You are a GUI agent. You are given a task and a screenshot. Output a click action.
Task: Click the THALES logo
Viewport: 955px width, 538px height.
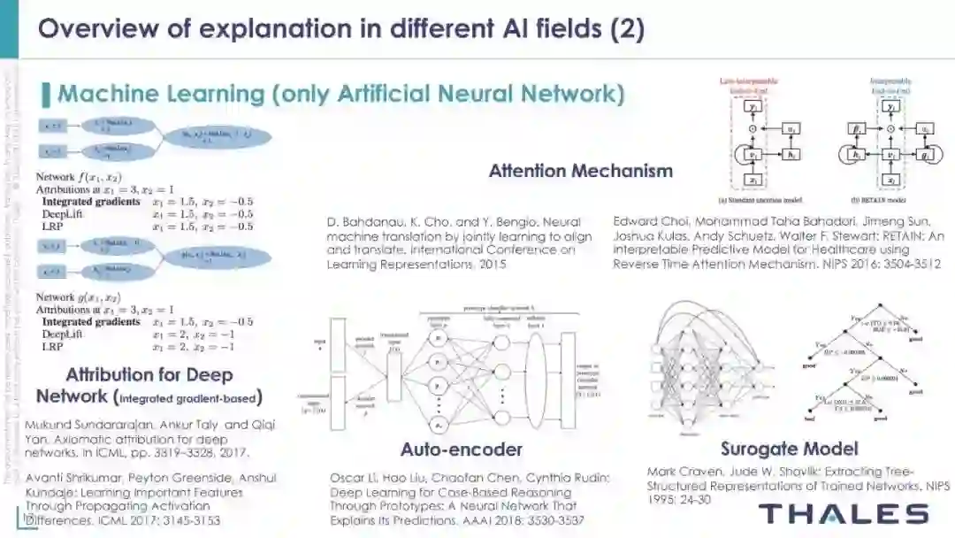pos(844,513)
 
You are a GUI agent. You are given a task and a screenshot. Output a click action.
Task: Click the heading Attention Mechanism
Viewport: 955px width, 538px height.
pos(580,171)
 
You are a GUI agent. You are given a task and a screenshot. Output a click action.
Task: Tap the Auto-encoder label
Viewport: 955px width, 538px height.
pos(461,449)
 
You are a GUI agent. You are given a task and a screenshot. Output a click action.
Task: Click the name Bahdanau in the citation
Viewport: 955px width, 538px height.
pos(372,221)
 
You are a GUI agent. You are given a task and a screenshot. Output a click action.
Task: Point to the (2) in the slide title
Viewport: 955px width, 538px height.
pos(627,29)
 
